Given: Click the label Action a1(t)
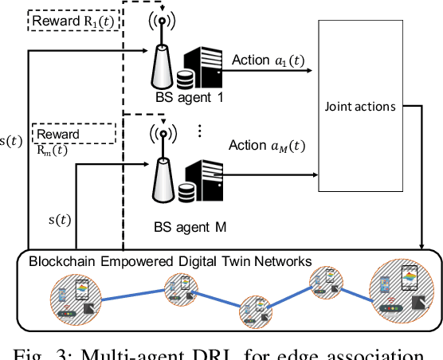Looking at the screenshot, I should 268,61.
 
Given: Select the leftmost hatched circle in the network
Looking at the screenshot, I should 75,296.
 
